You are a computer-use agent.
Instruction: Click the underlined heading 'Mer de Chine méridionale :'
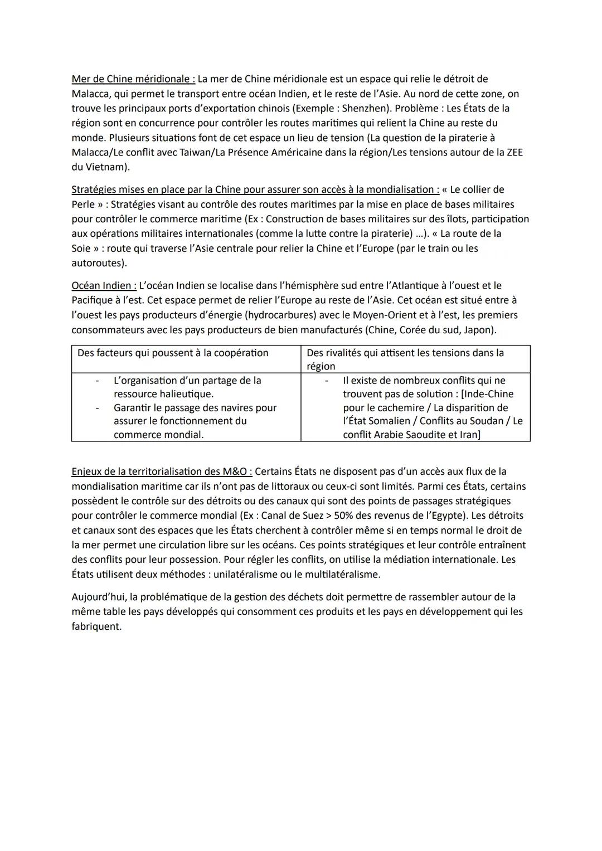pos(133,79)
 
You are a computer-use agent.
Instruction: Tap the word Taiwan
pos(200,152)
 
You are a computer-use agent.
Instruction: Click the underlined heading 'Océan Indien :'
pos(104,286)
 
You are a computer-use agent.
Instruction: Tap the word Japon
pos(479,330)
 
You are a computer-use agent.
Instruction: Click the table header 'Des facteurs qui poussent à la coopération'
pos(173,353)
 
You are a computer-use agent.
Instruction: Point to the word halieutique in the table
pos(186,394)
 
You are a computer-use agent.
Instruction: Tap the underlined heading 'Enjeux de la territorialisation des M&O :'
pos(162,471)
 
